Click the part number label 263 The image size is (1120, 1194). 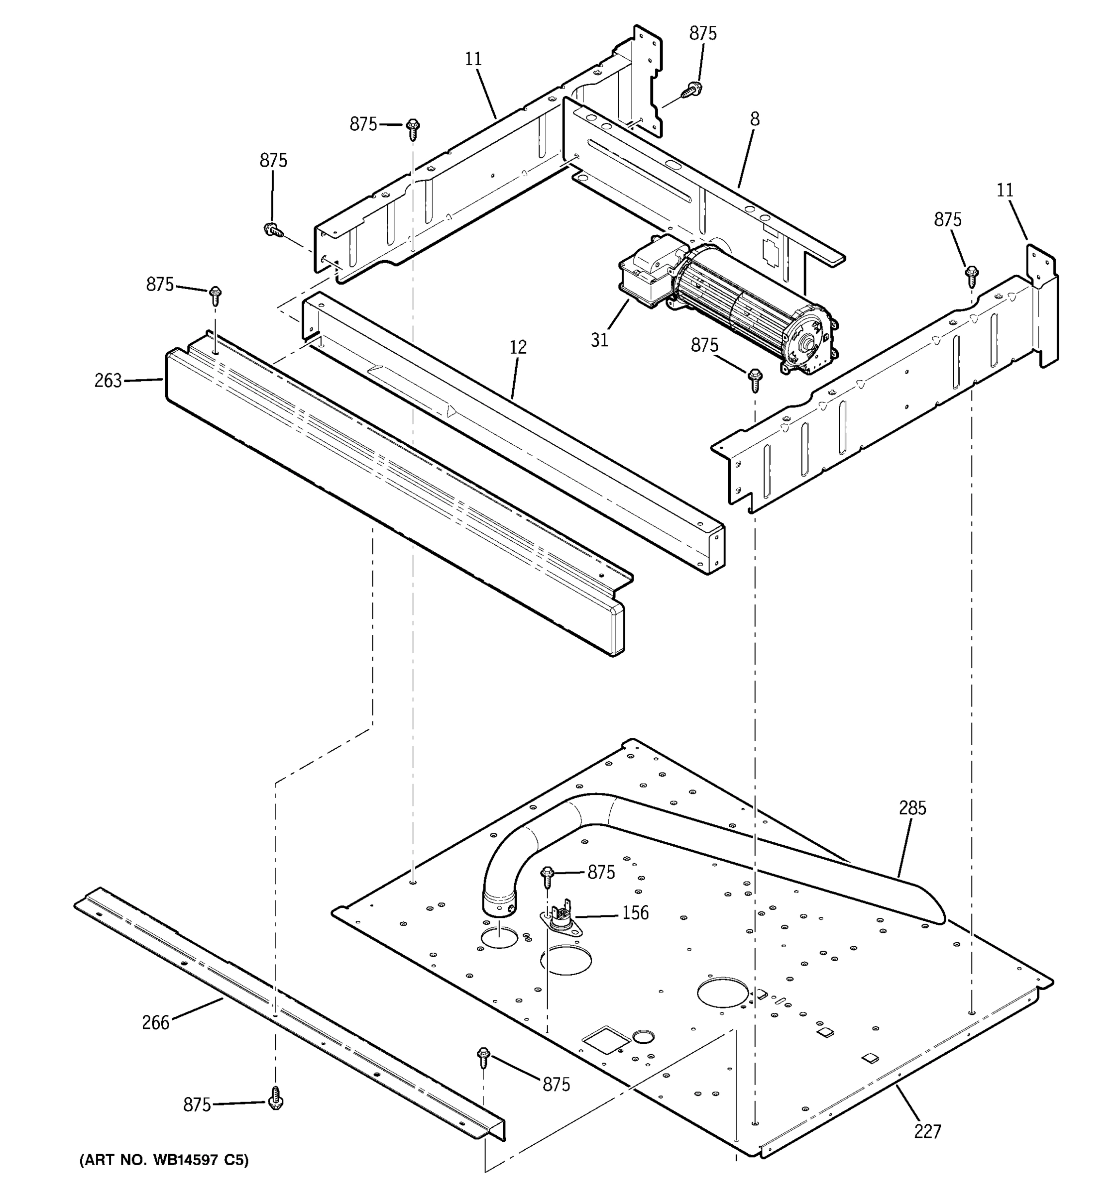[108, 381]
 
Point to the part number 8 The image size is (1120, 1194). [755, 119]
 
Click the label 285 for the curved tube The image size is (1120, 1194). [912, 808]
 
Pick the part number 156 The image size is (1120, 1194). [635, 913]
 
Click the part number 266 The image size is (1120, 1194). [156, 1022]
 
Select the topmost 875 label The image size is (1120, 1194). [702, 34]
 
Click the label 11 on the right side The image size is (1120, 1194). [1005, 191]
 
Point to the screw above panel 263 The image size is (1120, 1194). [215, 295]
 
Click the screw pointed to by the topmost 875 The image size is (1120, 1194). [691, 91]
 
